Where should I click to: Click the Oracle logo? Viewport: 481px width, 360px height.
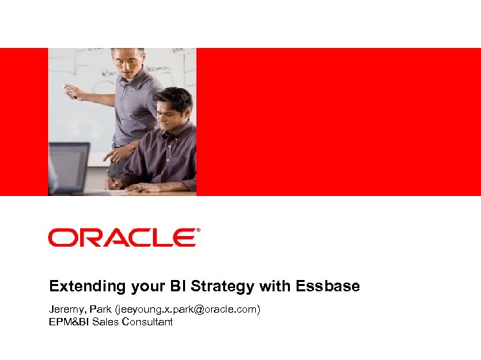(x=123, y=237)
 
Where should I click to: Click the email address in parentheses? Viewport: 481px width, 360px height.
(x=187, y=309)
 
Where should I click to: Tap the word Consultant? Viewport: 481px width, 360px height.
(x=146, y=322)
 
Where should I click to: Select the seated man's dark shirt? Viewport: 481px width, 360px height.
(x=164, y=157)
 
